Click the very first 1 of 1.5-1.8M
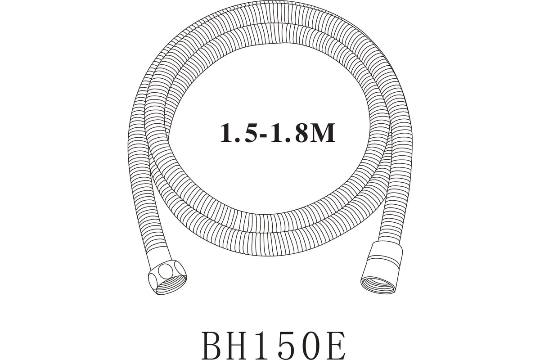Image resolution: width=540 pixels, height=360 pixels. click(228, 133)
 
